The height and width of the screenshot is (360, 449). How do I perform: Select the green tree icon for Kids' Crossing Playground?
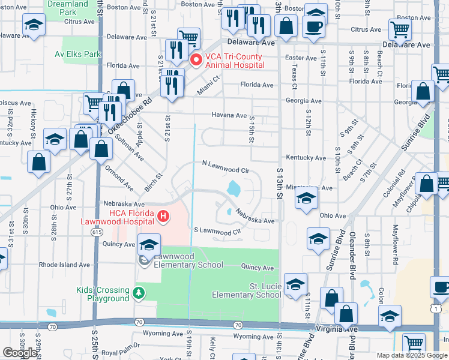139,293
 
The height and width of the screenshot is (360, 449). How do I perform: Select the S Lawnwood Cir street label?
217,230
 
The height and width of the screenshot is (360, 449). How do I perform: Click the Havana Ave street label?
229,115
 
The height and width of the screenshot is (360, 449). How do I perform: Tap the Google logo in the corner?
20,353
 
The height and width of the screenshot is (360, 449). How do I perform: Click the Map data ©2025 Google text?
411,355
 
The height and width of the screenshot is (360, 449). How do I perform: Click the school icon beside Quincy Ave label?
149,244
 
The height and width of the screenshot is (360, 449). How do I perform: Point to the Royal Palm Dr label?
120,345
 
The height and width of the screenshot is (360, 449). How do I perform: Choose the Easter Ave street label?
301,58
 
